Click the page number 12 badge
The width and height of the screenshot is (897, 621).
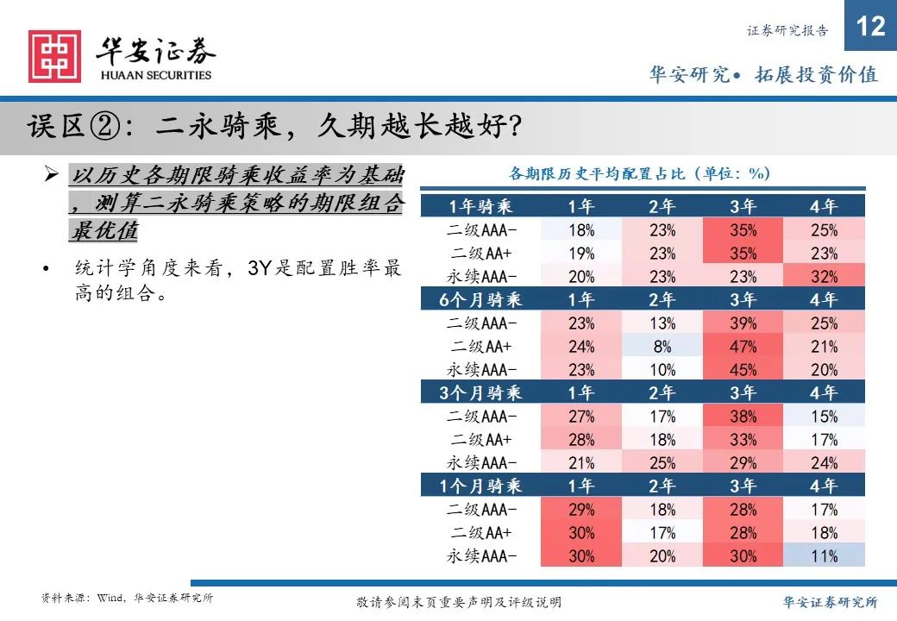(871, 26)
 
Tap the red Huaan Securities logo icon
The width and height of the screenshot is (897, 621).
(54, 57)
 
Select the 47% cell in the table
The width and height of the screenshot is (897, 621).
(743, 347)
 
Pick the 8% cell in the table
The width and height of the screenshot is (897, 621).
(662, 347)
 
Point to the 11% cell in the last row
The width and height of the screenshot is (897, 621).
(824, 556)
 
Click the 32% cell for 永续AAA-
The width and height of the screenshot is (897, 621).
(824, 277)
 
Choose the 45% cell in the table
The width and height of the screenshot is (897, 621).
(743, 370)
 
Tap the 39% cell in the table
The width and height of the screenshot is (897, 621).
(743, 323)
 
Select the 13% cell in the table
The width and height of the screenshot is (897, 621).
(662, 323)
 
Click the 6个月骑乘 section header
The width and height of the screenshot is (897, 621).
(480, 300)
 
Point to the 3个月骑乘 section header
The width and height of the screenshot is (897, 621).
(480, 393)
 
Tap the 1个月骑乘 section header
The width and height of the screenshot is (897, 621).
(480, 486)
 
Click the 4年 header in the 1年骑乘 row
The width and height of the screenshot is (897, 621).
(824, 206)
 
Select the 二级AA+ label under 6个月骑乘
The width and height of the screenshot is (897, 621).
(480, 347)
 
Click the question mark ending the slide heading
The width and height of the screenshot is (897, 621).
(511, 128)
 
